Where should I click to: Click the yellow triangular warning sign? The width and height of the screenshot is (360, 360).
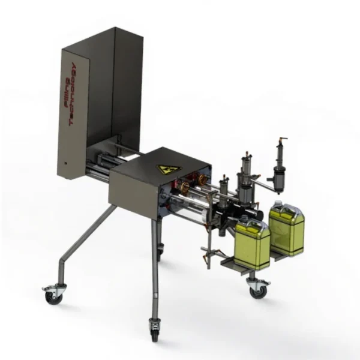tap(169, 170)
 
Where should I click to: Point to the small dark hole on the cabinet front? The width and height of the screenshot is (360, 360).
tap(65, 163)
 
